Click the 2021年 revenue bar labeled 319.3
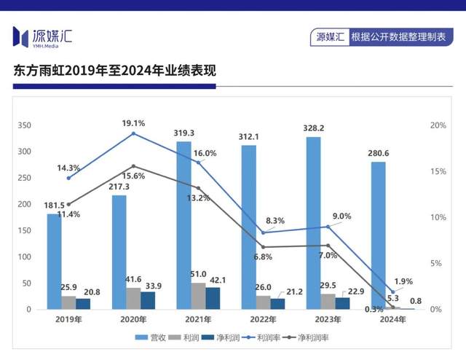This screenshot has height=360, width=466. point(183,225)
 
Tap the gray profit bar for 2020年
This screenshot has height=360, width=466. point(133,298)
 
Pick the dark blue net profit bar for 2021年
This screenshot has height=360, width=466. point(213,298)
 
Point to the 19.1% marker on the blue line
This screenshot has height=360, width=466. point(133,133)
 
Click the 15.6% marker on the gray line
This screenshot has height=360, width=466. point(133,166)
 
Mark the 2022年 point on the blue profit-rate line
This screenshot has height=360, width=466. point(263,233)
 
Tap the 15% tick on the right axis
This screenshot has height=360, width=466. point(438,172)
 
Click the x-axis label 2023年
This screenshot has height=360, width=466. point(328,320)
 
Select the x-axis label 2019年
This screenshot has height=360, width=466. point(68,320)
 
